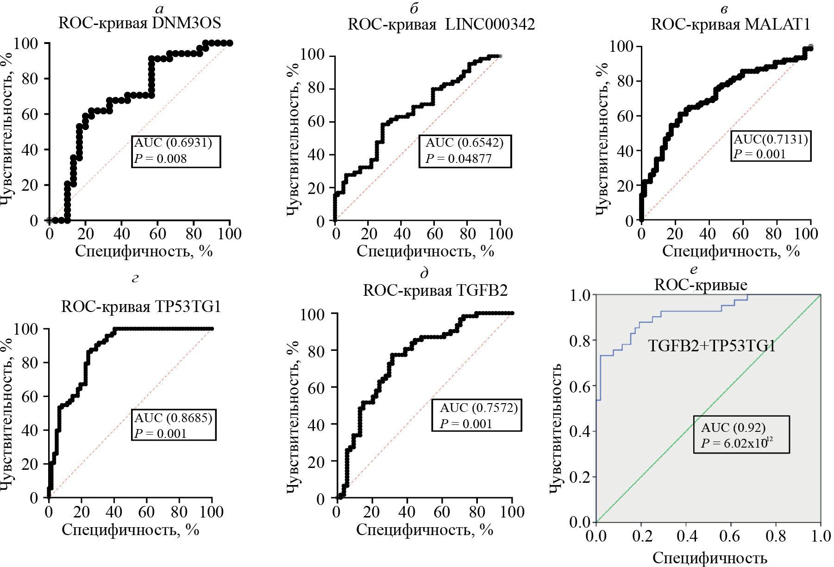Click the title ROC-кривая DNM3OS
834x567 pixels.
click(139, 23)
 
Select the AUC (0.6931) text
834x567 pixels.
click(173, 143)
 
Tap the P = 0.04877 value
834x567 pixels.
click(458, 159)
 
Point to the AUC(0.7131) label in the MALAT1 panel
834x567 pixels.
click(771, 139)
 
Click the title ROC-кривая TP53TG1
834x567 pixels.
click(141, 307)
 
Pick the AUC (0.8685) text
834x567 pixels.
click(173, 418)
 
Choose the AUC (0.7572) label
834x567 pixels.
click(479, 408)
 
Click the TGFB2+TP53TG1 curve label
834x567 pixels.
click(712, 346)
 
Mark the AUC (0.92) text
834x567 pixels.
click(733, 428)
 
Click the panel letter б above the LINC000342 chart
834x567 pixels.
click(414, 8)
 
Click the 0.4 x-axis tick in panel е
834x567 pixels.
click(686, 536)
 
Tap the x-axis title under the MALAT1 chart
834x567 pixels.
click(731, 251)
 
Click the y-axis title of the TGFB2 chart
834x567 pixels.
click(292, 418)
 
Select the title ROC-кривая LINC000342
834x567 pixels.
click(441, 25)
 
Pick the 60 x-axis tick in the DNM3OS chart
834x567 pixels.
click(157, 234)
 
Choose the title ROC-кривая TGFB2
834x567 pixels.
click(435, 291)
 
